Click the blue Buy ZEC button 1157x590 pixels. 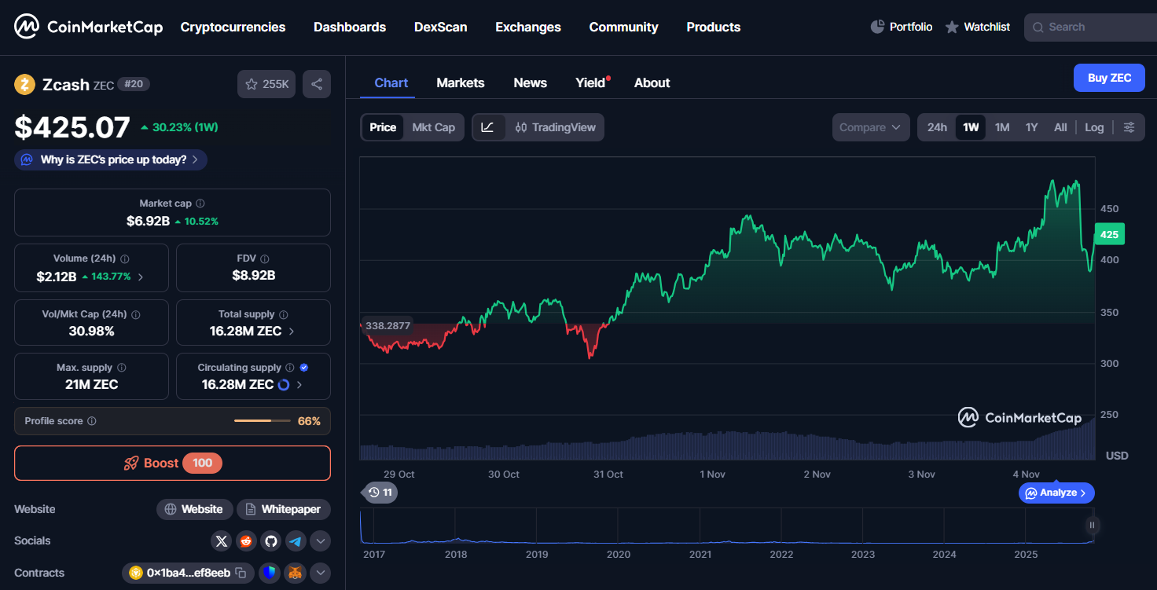(x=1109, y=78)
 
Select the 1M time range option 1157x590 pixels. (x=1001, y=127)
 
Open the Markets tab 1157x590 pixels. (x=460, y=82)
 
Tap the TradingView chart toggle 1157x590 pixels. (x=555, y=127)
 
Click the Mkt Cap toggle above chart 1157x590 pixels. (x=433, y=127)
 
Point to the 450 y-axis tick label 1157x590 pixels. (x=1109, y=209)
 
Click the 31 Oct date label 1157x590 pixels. (x=608, y=475)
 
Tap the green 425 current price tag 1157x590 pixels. (x=1109, y=234)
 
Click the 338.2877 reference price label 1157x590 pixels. (x=388, y=325)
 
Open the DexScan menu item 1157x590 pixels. (x=440, y=27)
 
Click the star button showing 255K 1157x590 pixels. (x=266, y=84)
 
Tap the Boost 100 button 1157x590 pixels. (x=172, y=463)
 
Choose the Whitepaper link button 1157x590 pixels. (x=283, y=509)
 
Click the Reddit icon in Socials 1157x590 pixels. (x=246, y=541)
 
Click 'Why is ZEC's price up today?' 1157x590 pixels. (x=111, y=159)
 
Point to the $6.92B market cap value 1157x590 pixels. (x=148, y=221)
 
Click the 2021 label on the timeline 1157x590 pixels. (x=700, y=554)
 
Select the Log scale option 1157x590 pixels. (x=1094, y=127)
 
